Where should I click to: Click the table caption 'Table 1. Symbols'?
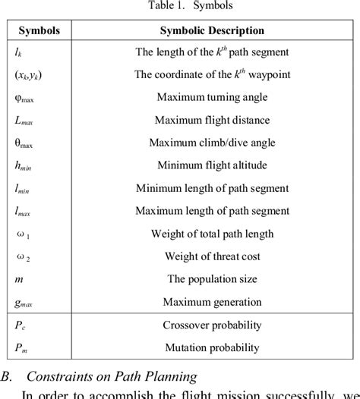coord(180,6)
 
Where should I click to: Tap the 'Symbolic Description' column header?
coord(212,31)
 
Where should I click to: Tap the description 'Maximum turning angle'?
coord(212,98)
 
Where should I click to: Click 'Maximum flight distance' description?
coord(212,120)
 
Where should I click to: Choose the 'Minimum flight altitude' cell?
coord(212,165)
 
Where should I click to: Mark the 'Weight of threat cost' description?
coord(212,256)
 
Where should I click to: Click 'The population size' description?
coord(212,278)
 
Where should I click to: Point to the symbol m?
coord(20,278)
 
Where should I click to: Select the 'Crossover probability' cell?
coord(212,325)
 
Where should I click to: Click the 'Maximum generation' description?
coord(212,301)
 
